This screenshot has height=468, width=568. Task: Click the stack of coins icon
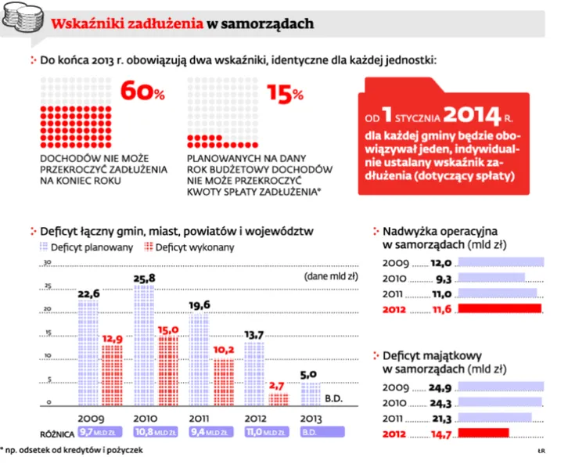pos(23,17)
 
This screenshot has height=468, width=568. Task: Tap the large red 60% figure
pos(142,91)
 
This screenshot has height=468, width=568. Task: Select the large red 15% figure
pos(285,94)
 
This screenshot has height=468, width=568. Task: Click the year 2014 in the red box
pos(472,114)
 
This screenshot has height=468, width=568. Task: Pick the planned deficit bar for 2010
pos(144,345)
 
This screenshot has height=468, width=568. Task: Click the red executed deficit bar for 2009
pos(112,376)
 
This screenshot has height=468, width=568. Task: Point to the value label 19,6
pos(200,305)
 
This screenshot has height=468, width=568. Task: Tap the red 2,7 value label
pos(276,386)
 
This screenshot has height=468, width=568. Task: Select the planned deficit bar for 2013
pos(311,394)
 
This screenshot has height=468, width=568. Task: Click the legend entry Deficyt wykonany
pos(189,247)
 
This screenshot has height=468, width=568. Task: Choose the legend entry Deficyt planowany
pos(86,247)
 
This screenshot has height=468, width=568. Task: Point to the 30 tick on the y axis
pos(48,262)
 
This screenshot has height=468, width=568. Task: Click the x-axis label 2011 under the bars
pos(199,419)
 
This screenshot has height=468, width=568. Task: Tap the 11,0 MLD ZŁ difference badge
pos(267,432)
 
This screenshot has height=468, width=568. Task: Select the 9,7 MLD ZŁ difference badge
pos(100,432)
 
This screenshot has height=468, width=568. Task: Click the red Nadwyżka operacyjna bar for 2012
pos(499,308)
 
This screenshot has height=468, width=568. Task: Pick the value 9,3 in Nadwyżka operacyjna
pos(444,279)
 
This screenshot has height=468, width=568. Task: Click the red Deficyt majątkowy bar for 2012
pos(484,433)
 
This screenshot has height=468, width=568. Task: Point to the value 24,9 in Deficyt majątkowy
pos(440,388)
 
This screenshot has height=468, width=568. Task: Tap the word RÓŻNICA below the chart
pos(57,434)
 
